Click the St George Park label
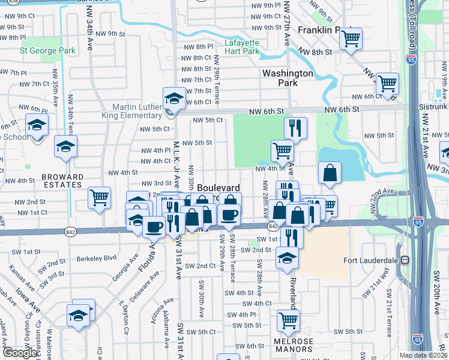(48, 51)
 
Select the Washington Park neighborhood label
(288, 78)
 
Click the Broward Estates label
(62, 181)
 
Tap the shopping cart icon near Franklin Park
(351, 39)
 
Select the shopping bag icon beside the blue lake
(330, 173)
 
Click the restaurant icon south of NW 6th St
(295, 128)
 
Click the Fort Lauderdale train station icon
(405, 260)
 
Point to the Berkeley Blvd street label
(96, 259)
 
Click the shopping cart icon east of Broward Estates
(99, 197)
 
